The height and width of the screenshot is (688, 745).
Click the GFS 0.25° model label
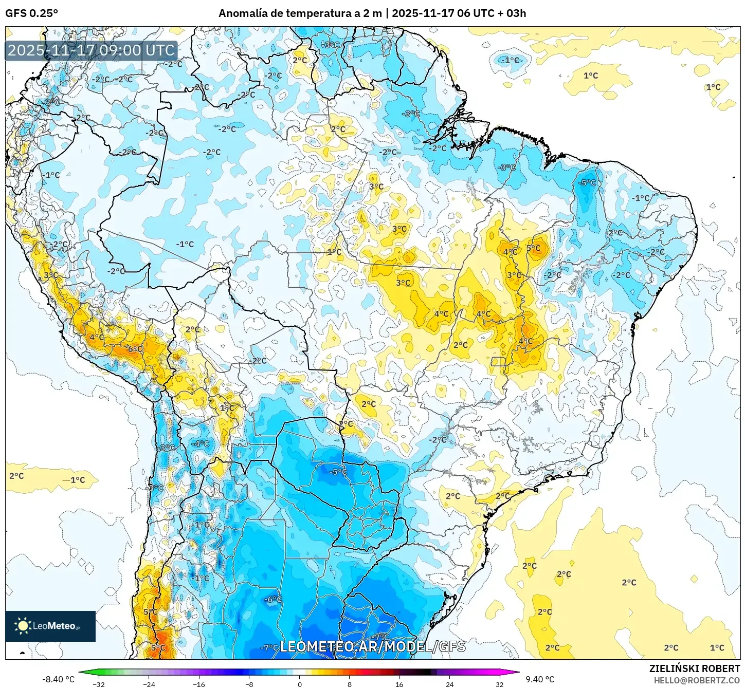tap(31, 13)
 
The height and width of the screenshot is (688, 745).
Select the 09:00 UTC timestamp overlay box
tap(91, 50)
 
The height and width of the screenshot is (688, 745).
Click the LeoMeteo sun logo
tap(23, 625)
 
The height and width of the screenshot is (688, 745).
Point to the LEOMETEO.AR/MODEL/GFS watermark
tap(372, 646)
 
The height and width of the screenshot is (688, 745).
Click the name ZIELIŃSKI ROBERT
tap(694, 668)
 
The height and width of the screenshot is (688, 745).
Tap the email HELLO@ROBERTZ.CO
tap(697, 680)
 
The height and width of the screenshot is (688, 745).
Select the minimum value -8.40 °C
tap(58, 679)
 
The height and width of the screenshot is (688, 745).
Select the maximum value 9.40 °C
tap(539, 679)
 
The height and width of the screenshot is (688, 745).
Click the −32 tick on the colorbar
tap(98, 684)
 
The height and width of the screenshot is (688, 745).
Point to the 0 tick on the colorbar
tap(299, 684)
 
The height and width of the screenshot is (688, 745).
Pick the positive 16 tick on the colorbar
tap(399, 684)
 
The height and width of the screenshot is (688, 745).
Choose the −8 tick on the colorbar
tap(249, 684)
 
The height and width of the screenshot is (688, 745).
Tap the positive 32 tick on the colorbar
tap(499, 684)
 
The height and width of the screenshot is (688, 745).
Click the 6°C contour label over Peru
tap(135, 349)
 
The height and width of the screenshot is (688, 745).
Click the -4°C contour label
tap(201, 443)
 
